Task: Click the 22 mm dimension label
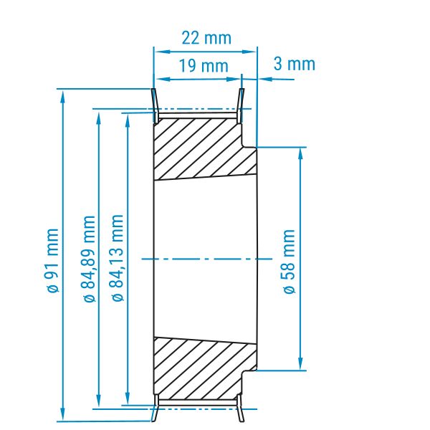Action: [206, 38]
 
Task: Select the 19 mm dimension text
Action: [204, 66]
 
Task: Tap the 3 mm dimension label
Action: [295, 64]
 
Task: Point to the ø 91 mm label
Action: [52, 261]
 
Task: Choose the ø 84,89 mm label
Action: [89, 259]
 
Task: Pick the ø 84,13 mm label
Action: [118, 258]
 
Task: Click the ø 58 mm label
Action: [289, 262]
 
